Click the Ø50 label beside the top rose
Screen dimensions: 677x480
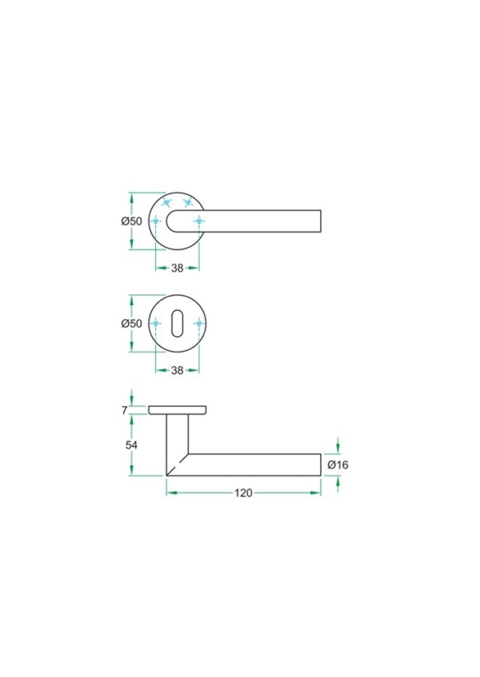click(x=131, y=221)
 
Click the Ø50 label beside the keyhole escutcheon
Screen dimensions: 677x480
click(x=131, y=324)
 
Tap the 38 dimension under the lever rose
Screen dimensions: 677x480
click(x=178, y=268)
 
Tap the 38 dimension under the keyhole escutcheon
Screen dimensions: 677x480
click(x=178, y=370)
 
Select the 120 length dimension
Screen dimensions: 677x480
click(x=243, y=492)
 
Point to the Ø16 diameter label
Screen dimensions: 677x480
click(x=338, y=464)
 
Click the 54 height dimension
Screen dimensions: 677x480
click(x=133, y=445)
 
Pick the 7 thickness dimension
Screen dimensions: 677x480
click(x=136, y=410)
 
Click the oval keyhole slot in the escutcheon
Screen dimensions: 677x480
click(x=178, y=324)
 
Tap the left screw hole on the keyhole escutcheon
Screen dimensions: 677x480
click(x=157, y=324)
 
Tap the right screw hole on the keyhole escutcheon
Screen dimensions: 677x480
click(x=198, y=324)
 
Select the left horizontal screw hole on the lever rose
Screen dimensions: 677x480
click(x=157, y=221)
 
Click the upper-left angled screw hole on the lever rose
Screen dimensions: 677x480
click(x=166, y=203)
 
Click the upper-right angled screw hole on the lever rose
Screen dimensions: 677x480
click(x=189, y=203)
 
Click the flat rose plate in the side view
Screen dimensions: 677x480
click(x=178, y=410)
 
